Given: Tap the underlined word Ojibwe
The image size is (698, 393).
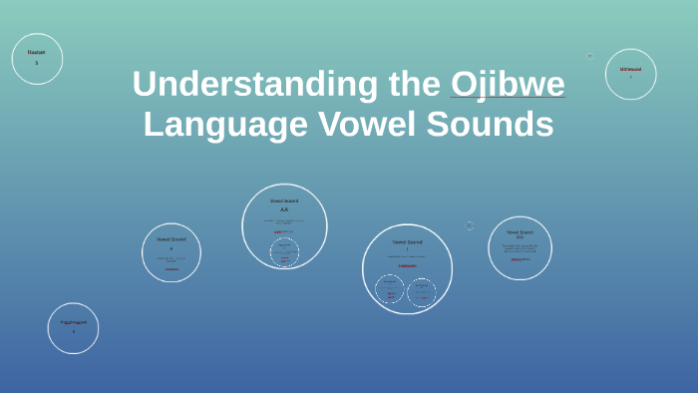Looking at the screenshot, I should [508, 84].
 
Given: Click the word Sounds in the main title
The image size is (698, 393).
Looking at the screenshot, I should [490, 125].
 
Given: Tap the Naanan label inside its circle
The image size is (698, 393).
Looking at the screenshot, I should [37, 52].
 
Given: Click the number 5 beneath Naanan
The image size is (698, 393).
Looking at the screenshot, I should [37, 63].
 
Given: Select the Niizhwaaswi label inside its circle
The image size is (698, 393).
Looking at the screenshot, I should [630, 69].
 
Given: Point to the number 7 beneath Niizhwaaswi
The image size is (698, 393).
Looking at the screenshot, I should [630, 77].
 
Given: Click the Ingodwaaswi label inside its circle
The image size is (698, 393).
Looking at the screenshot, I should [73, 322].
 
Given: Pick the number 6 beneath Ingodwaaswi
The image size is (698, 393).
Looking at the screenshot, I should [73, 331].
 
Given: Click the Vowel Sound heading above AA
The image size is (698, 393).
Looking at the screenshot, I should [284, 200].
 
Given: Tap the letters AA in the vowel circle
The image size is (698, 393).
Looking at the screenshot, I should [284, 209].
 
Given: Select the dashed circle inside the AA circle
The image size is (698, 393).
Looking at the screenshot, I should [284, 252].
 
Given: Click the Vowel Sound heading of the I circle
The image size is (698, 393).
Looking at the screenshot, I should [407, 241].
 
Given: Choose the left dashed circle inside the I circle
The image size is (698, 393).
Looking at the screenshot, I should [390, 289].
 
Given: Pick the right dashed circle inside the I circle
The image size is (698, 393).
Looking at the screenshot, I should [422, 292].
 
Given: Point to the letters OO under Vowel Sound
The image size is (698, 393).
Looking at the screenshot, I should [520, 237].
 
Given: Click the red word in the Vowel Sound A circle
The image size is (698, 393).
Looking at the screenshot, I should [172, 268].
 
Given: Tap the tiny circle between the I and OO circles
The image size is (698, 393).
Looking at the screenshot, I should [469, 226].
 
